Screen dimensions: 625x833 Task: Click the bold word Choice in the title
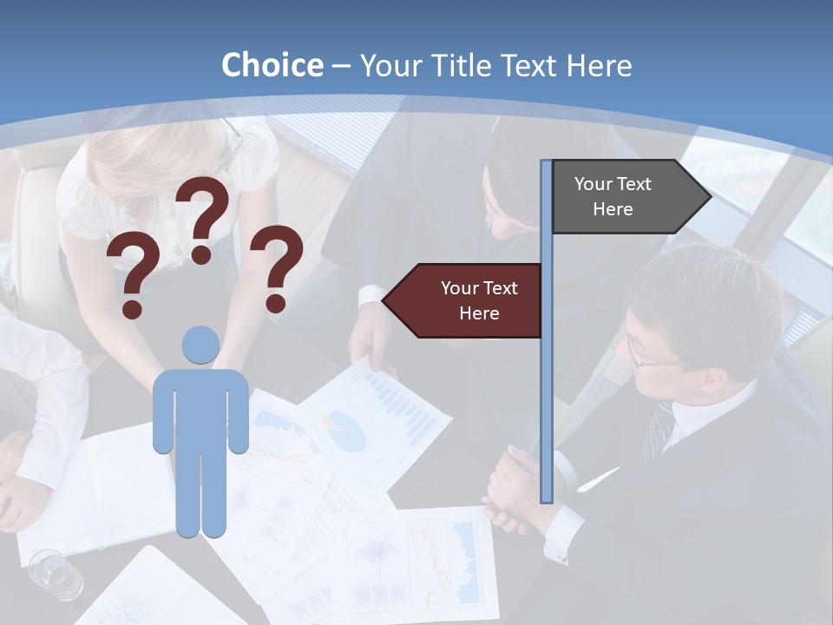point(272,66)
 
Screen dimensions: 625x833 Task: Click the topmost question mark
point(203,217)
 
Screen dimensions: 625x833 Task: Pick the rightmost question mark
point(277,266)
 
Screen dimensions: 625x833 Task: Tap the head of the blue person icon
point(200,345)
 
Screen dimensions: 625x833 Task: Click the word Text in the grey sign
point(633,184)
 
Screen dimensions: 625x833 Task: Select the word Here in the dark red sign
point(479,313)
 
